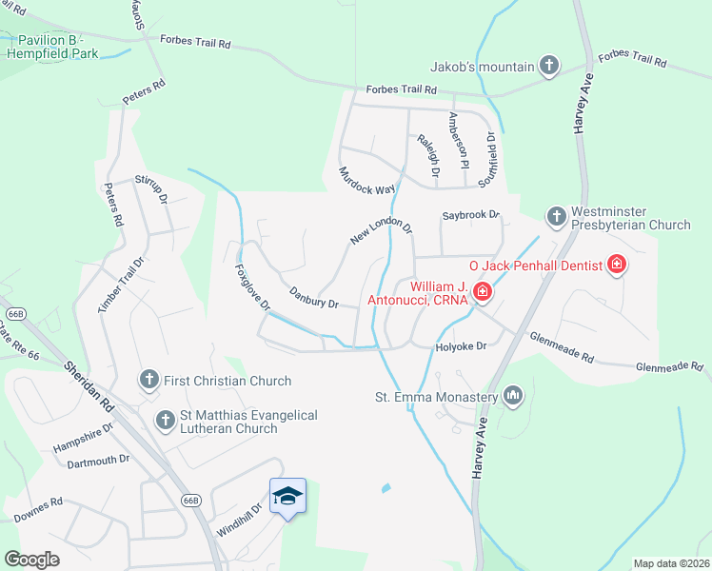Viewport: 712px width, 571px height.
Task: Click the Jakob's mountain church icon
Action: click(x=548, y=66)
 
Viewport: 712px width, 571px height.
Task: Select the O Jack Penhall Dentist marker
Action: click(x=617, y=265)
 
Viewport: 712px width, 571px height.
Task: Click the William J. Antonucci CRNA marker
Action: click(x=483, y=293)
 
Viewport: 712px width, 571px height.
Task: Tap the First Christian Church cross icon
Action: click(x=148, y=381)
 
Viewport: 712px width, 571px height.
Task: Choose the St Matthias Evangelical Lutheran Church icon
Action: click(x=166, y=419)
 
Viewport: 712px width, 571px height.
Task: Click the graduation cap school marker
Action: click(x=287, y=497)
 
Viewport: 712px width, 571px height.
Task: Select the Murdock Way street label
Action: click(x=366, y=181)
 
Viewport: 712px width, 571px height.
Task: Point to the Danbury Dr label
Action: click(x=313, y=298)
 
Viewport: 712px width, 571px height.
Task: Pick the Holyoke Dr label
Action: click(x=461, y=346)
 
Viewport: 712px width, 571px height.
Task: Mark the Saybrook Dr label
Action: click(x=470, y=215)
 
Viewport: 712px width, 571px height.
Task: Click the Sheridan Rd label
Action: click(x=89, y=385)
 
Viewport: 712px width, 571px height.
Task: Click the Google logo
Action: click(x=31, y=560)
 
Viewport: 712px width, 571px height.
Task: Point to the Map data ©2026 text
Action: click(x=671, y=563)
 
